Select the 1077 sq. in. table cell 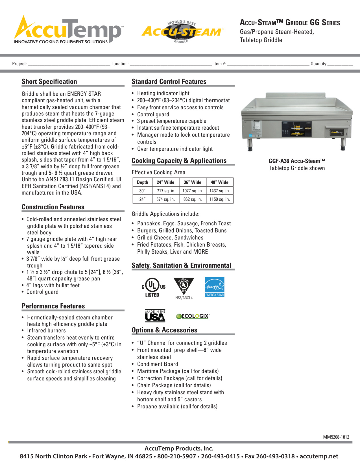pos(193,191)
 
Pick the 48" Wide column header pos(219,182)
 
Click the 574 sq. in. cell pos(165,199)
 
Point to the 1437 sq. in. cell pos(219,191)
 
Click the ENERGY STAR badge pos(215,287)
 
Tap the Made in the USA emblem pos(155,316)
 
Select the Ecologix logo pos(193,316)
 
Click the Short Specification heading pos(49,82)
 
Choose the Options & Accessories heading pos(164,330)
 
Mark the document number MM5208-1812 pos(336,437)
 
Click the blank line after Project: pos(69,64)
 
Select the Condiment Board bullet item pos(158,364)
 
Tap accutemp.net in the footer pos(319,456)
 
